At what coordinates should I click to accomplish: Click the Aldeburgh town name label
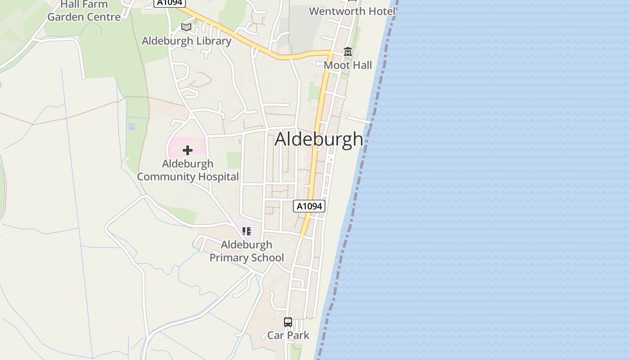[319, 139]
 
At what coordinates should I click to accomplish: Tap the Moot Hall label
[348, 65]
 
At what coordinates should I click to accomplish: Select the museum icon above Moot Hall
[348, 52]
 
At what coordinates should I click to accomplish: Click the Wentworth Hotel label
[352, 11]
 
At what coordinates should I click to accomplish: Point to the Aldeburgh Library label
[186, 41]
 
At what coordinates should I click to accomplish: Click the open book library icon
[186, 27]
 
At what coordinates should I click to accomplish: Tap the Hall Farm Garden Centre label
[84, 11]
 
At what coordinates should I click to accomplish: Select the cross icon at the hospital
[188, 150]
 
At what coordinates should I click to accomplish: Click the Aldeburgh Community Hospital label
[188, 170]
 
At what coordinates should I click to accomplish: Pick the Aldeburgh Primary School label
[247, 251]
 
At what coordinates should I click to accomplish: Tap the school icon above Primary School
[246, 231]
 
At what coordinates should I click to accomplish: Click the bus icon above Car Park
[288, 322]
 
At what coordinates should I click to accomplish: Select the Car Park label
[288, 335]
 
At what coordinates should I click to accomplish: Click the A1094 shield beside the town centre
[309, 206]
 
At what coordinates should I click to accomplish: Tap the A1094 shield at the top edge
[170, 3]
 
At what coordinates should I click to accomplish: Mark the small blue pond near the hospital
[131, 126]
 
